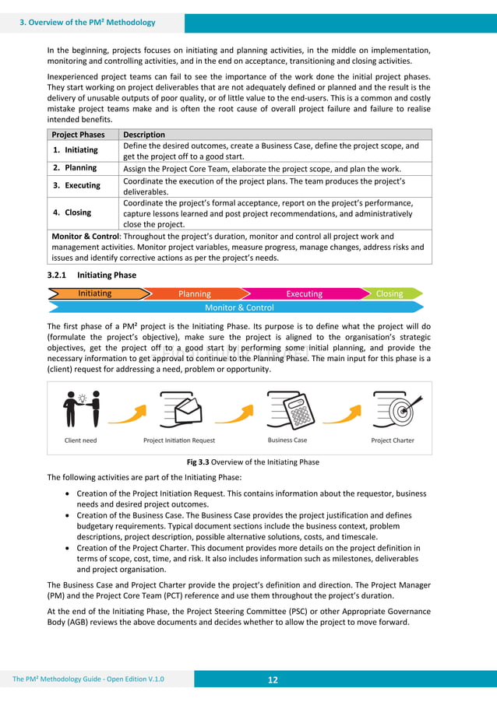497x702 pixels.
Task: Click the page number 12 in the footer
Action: (273, 679)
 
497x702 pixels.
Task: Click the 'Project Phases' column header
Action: (78, 135)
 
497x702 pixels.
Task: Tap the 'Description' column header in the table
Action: (144, 135)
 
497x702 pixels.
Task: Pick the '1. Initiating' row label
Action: (75, 150)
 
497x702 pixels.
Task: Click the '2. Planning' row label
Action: (75, 167)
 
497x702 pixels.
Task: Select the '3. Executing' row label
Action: (76, 185)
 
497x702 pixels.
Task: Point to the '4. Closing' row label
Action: (72, 212)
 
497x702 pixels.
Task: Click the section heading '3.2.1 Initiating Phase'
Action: (92, 275)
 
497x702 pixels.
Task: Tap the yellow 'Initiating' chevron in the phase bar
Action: (96, 293)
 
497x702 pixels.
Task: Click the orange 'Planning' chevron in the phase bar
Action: (195, 293)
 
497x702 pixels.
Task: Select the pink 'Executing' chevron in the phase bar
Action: (304, 293)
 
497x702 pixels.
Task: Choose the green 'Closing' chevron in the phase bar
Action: (389, 293)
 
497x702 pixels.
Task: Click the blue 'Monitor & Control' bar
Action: (239, 307)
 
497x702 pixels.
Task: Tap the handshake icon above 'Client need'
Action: (82, 409)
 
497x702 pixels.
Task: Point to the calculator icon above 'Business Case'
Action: (288, 409)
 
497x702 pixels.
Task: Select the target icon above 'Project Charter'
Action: (393, 409)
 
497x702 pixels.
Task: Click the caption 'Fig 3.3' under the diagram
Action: (197, 462)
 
